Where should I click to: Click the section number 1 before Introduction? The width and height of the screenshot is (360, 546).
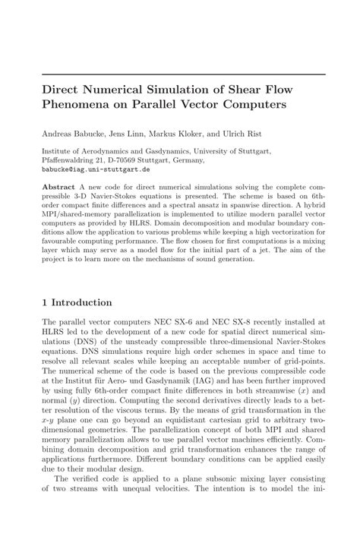(46, 301)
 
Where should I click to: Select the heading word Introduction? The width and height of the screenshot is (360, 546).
(84, 301)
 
